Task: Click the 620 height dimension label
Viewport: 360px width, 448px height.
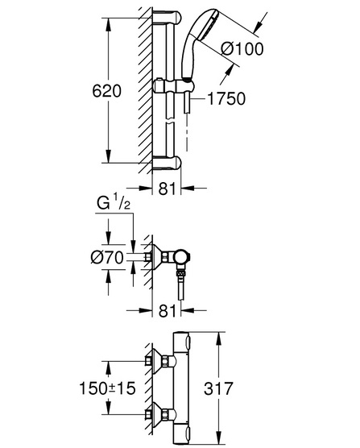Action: (107, 91)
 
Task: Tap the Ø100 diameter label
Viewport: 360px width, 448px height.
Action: (242, 49)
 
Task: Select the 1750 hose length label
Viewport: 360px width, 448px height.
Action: (226, 98)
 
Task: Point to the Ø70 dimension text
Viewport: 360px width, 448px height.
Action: (107, 258)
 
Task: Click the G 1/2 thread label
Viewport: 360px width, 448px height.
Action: (114, 203)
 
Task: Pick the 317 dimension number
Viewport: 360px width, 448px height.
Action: (218, 388)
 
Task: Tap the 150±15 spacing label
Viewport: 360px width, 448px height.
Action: (107, 388)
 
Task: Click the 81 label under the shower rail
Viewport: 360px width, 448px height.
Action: (167, 189)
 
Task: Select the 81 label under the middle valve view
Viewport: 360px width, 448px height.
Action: (167, 310)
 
